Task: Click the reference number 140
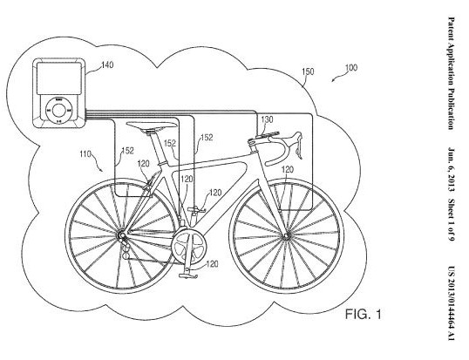pos(108,65)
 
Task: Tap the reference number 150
pos(308,71)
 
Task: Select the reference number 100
pos(351,68)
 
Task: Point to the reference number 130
pos(267,119)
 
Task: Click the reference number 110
pos(85,154)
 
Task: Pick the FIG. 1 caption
pos(364,315)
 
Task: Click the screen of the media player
pos(59,78)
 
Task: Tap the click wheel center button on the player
pos(59,110)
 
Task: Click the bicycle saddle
pos(152,125)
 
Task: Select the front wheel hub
pos(287,238)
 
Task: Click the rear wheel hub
pos(122,236)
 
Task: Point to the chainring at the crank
pos(189,247)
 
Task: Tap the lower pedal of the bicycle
pos(188,275)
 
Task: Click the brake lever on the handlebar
pos(298,146)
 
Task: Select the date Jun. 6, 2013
pos(451,170)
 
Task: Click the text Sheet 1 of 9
pos(451,220)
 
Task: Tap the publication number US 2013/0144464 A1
pos(451,302)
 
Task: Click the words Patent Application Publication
pos(451,73)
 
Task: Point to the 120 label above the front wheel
pos(288,169)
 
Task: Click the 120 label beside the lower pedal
pos(213,264)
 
